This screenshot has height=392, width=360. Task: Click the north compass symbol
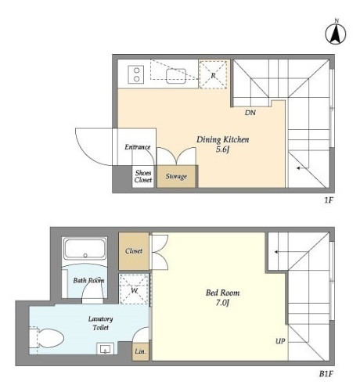click(x=336, y=33)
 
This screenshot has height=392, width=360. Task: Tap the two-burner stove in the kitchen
click(x=136, y=74)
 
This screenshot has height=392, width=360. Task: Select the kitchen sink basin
click(x=176, y=76)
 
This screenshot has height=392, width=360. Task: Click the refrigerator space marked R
click(x=214, y=75)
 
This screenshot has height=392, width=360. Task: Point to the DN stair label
click(x=250, y=113)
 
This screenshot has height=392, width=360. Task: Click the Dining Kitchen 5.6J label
click(x=222, y=144)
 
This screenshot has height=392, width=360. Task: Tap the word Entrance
click(x=138, y=147)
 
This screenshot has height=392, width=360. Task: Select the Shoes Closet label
click(x=143, y=176)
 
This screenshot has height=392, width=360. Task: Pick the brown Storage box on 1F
click(x=176, y=176)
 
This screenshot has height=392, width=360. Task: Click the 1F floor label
click(x=329, y=200)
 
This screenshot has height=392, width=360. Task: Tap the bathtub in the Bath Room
click(x=85, y=250)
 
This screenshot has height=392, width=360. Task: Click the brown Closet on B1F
click(x=134, y=251)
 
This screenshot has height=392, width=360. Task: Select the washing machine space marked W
click(x=134, y=289)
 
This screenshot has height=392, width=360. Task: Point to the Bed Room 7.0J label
click(x=222, y=297)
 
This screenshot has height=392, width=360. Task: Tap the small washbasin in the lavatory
click(x=105, y=348)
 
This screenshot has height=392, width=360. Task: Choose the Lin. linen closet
click(x=140, y=351)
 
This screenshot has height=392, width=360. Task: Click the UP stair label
click(x=280, y=341)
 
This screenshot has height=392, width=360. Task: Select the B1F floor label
click(x=326, y=374)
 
